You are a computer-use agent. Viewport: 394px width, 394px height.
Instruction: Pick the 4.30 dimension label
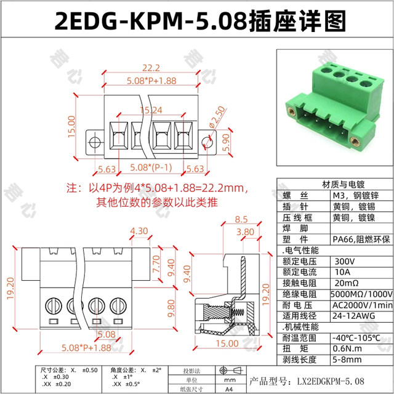pos(139,231)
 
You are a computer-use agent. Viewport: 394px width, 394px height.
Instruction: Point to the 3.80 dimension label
pos(244,232)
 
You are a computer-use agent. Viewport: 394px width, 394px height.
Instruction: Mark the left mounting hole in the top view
pos(95,142)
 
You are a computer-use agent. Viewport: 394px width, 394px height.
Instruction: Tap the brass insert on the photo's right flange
pos(356,137)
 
